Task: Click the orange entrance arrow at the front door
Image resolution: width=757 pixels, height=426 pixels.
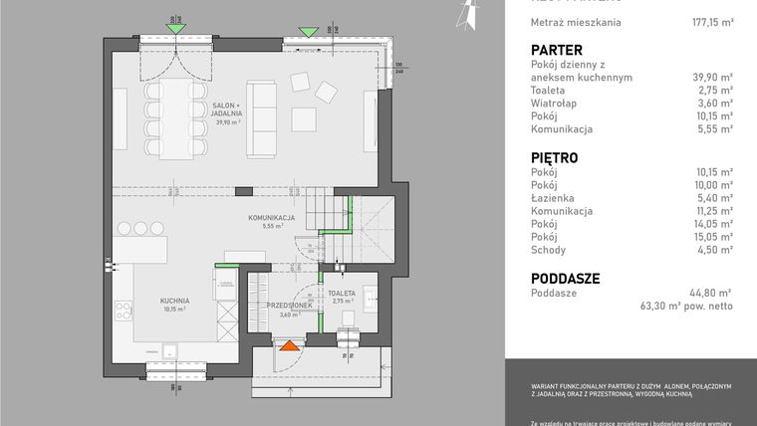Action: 289,345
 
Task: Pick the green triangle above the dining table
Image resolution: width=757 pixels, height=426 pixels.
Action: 175,29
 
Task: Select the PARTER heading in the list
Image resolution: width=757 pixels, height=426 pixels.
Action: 557,50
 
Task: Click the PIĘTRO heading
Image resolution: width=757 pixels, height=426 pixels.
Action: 555,157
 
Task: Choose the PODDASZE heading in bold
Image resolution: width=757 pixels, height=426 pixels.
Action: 565,278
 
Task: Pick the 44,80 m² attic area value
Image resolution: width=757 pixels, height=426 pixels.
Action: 711,293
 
